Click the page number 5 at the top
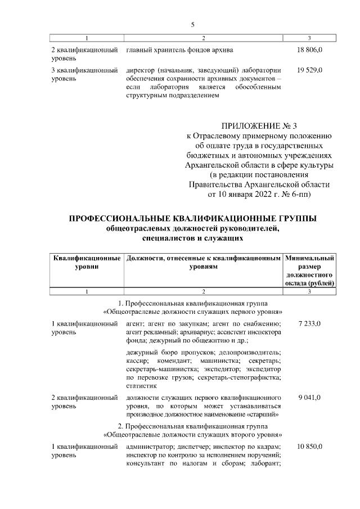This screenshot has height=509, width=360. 192,25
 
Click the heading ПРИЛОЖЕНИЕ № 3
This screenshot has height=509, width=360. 259,125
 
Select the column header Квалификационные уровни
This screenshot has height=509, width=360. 87,262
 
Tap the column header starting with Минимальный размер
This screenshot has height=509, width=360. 310,271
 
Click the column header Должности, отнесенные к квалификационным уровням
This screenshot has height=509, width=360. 204,262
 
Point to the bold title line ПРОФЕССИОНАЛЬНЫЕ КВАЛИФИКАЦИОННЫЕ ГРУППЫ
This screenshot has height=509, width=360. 192,218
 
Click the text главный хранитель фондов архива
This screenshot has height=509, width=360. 179,50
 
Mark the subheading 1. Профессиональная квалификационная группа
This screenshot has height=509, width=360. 192,303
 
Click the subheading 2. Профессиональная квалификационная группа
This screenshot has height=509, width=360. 192,426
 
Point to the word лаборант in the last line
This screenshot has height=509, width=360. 266,463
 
